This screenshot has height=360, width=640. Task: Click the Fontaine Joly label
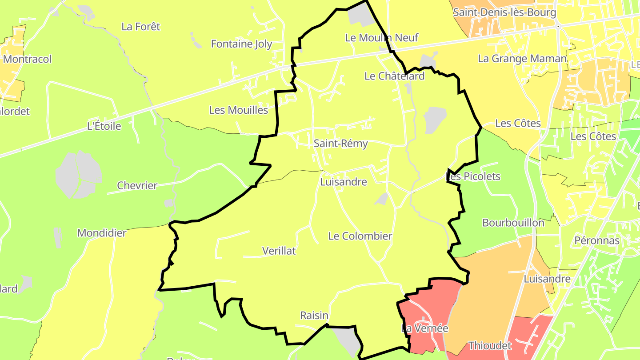[241, 44]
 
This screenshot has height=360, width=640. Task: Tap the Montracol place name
[27, 59]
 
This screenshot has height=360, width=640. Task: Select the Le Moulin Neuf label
[381, 38]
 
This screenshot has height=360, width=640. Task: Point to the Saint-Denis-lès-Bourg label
[504, 12]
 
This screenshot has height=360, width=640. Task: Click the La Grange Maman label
[522, 58]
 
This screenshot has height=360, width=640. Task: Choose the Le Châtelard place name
[394, 76]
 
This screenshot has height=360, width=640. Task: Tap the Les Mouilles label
[239, 110]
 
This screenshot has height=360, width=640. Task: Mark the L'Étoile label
[104, 126]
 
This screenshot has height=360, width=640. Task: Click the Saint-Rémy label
[340, 144]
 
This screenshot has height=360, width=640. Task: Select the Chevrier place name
[137, 185]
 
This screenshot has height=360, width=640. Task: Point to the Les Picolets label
[473, 176]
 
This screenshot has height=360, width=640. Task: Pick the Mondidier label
[102, 233]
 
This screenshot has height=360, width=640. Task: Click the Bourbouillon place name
[513, 223]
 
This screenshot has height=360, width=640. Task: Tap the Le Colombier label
[360, 236]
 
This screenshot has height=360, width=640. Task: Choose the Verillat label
[279, 251]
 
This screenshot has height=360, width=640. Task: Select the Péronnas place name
[597, 240]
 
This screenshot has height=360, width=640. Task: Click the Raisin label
[314, 316]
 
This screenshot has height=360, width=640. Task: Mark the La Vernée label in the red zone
[424, 328]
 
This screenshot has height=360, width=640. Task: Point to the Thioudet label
[490, 345]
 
